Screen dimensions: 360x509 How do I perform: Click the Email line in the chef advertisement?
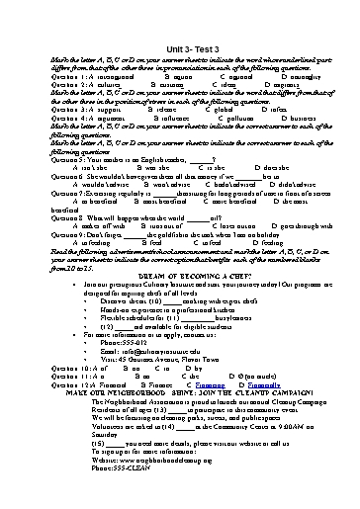tap(148, 349)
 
